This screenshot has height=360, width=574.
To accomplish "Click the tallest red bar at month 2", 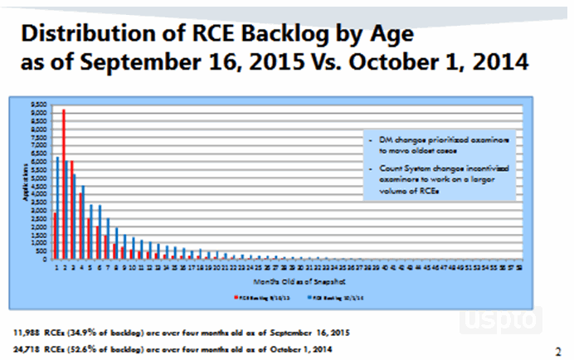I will point(63,183).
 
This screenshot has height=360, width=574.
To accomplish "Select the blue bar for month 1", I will point(58,207).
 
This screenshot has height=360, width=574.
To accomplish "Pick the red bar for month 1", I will point(54,236).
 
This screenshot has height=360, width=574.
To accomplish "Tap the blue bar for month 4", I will point(83,221).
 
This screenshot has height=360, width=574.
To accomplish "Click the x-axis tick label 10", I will point(129,267).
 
